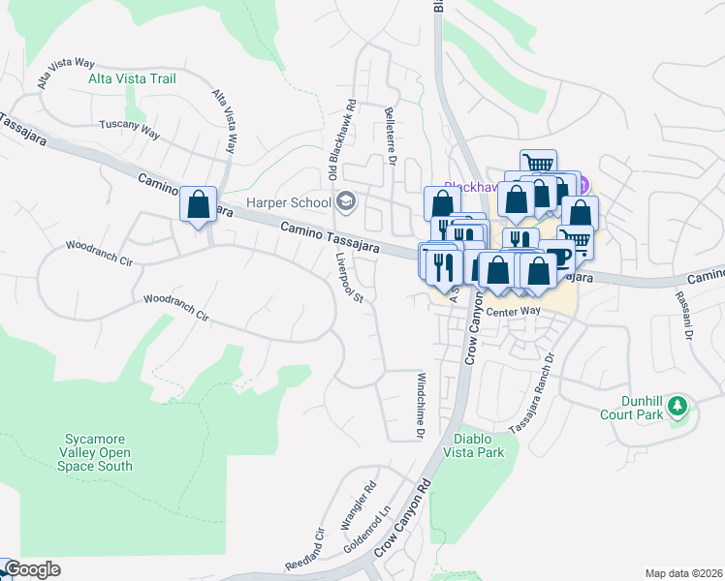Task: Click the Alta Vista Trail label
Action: point(132,78)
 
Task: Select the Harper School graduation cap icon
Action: point(346,202)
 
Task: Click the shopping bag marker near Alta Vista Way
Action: point(199,205)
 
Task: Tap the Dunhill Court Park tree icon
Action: point(678,404)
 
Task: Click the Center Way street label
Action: point(513,311)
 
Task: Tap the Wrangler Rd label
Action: point(356,508)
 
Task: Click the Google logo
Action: point(31,569)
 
